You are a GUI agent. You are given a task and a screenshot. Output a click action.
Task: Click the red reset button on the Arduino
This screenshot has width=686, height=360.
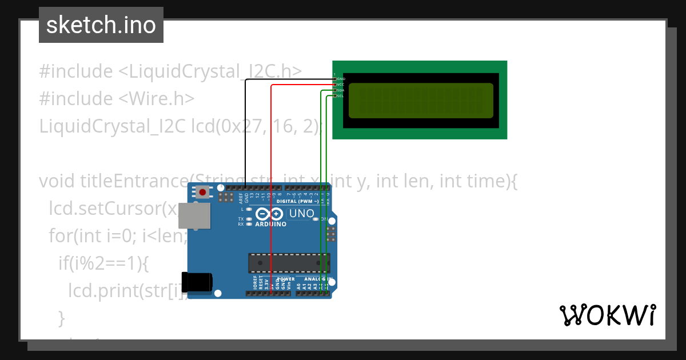coord(202,192)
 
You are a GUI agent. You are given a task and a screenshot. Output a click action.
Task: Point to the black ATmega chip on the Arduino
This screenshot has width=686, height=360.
coord(284,262)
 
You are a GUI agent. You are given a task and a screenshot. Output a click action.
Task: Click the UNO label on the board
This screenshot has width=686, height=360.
coord(301,214)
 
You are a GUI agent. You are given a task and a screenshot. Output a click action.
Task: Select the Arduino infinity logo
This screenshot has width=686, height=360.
coord(269,215)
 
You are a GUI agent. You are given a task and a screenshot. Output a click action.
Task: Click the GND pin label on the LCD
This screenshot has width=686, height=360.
coord(341,79)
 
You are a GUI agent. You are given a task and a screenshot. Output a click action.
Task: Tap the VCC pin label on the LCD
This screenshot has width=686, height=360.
coord(340,85)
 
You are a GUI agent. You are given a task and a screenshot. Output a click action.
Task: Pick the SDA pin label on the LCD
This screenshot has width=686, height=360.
coord(340,90)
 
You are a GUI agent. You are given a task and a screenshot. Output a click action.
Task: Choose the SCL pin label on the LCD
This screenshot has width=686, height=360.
coord(340,96)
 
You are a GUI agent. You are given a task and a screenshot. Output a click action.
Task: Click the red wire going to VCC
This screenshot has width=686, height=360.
coord(272,171)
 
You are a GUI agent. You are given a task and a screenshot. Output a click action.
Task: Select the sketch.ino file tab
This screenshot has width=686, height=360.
coord(101,25)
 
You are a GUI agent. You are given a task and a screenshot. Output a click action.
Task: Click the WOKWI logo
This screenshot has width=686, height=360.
coord(607,315)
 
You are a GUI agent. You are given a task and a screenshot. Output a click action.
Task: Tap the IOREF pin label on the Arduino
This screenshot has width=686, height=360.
coord(255,282)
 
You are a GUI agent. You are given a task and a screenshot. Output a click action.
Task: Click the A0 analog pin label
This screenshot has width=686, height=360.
coord(298,284)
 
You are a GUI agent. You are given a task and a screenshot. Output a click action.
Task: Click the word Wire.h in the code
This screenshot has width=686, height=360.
coord(157,98)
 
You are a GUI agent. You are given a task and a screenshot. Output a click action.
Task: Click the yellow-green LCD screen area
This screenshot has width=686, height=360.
coord(421,101)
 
